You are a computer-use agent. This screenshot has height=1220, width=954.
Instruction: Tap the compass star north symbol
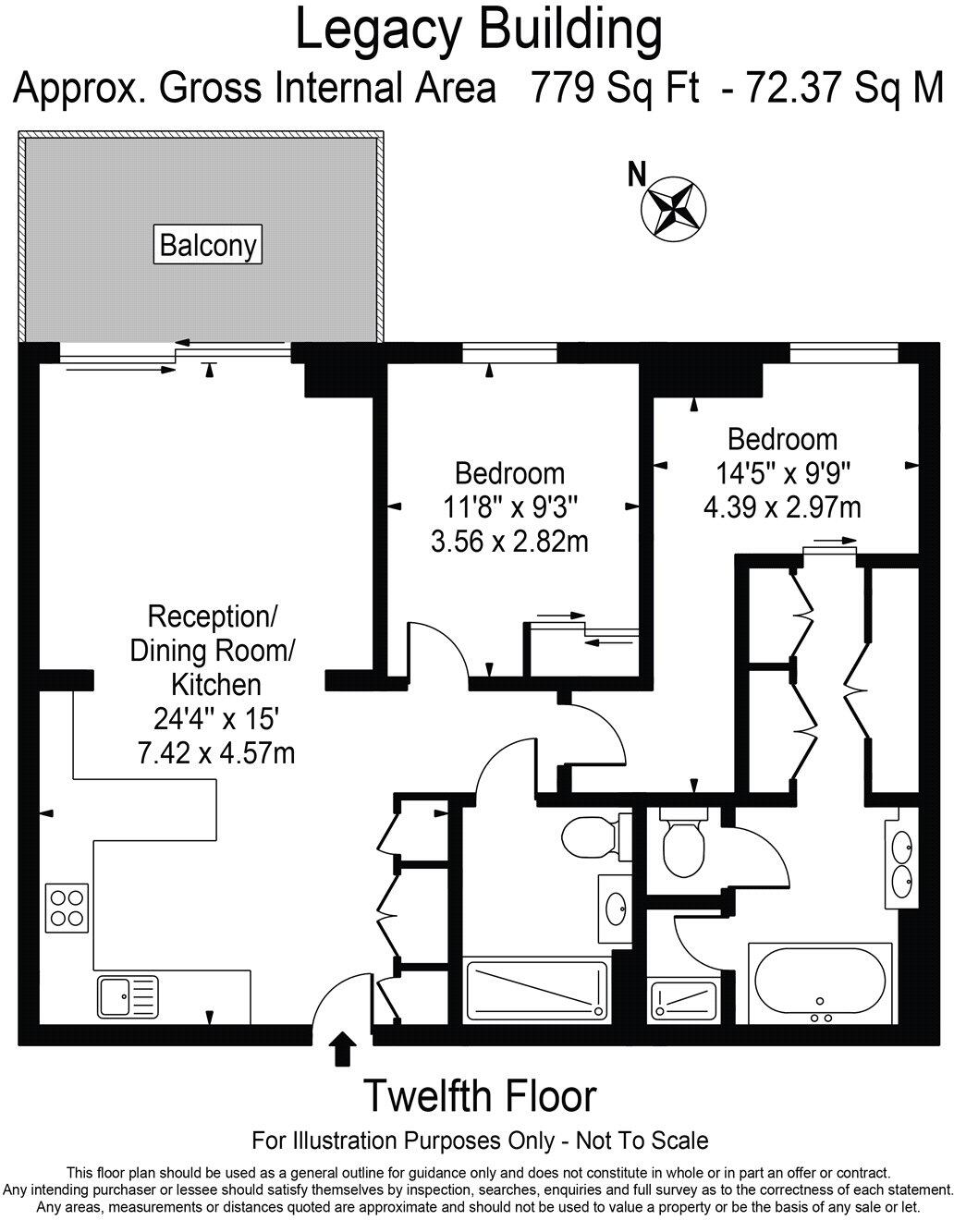pyautogui.click(x=673, y=206)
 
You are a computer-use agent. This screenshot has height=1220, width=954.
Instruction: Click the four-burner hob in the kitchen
pyautogui.click(x=67, y=906)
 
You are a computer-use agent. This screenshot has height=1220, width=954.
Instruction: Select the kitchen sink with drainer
pyautogui.click(x=127, y=997)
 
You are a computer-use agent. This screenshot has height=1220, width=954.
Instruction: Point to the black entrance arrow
pyautogui.click(x=343, y=1050)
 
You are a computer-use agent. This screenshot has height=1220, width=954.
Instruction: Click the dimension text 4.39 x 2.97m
pyautogui.click(x=782, y=506)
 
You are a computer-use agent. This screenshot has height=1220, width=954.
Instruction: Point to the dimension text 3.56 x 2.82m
pyautogui.click(x=509, y=541)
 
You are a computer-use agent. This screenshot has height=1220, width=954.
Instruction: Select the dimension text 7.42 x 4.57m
pyautogui.click(x=215, y=752)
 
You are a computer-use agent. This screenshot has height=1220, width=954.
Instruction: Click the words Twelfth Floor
pyautogui.click(x=479, y=1096)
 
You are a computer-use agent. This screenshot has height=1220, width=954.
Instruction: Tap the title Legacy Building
pyautogui.click(x=478, y=30)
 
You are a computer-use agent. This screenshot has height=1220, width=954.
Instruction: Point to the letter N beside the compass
pyautogui.click(x=636, y=175)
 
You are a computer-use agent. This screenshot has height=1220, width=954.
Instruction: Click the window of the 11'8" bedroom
pyautogui.click(x=509, y=353)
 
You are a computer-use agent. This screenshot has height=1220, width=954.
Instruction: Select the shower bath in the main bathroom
pyautogui.click(x=537, y=992)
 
